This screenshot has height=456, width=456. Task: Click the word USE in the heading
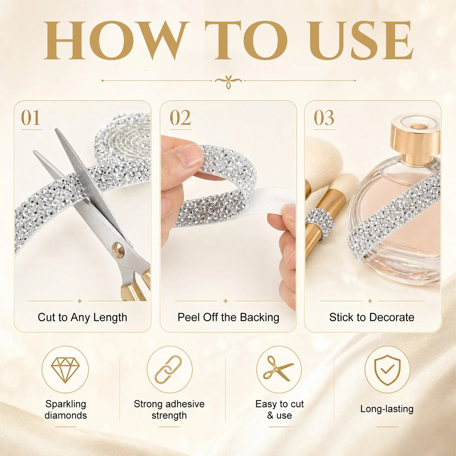(364, 40)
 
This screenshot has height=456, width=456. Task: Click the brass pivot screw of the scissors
(117, 250)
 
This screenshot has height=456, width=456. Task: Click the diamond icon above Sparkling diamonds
(65, 370)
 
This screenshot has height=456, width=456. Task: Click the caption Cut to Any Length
(82, 318)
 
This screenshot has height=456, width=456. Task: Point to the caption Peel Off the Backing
(228, 318)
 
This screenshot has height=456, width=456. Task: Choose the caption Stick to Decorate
(372, 317)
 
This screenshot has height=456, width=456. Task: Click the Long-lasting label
(387, 409)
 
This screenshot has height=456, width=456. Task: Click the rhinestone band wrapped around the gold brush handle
(320, 222)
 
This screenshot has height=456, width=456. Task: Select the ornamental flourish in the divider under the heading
(228, 82)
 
